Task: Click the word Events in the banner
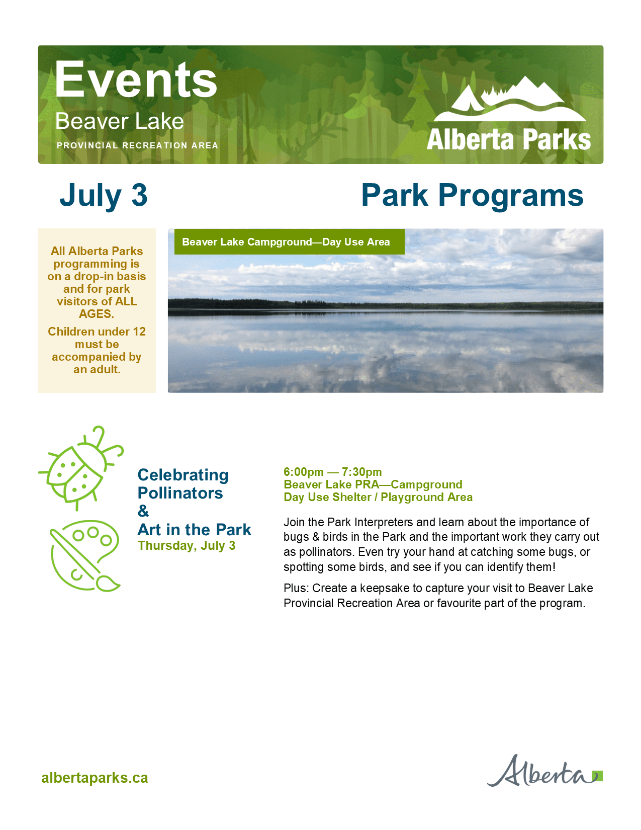[x=136, y=79]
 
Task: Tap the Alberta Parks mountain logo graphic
[x=510, y=99]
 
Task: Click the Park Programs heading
[x=472, y=196]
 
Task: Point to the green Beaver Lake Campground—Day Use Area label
[x=290, y=242]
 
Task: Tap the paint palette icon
[x=85, y=556]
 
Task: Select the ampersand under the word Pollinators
[x=143, y=511]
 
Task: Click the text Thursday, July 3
[x=187, y=546]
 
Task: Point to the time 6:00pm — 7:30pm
[x=332, y=472]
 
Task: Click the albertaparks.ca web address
[x=95, y=778]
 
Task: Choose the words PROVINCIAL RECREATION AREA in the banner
[x=137, y=145]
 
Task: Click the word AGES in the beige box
[x=97, y=314]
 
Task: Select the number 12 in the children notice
[x=139, y=331]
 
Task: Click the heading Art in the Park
[x=195, y=529]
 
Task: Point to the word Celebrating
[x=184, y=476]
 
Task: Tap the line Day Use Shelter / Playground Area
[x=378, y=497]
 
